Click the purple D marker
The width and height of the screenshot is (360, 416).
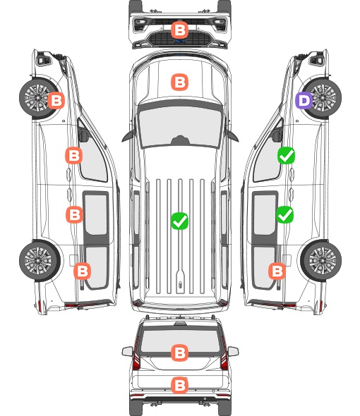click(x=304, y=101)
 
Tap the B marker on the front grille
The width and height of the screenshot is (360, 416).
click(x=179, y=30)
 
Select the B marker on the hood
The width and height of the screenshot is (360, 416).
click(x=179, y=82)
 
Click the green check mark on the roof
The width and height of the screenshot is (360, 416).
click(x=179, y=221)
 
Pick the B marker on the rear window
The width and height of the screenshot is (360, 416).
click(x=179, y=353)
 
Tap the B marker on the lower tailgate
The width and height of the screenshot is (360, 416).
click(x=179, y=385)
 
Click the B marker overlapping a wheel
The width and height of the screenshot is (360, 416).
click(x=56, y=100)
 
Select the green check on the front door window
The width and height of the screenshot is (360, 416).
click(x=286, y=155)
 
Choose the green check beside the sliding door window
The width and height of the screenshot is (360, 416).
click(x=284, y=214)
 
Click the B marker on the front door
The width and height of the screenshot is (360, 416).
click(x=74, y=155)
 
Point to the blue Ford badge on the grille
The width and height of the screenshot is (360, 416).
click(x=180, y=41)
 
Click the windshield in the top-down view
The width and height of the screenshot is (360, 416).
click(x=180, y=126)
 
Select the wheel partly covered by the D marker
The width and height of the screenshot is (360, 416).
click(x=321, y=98)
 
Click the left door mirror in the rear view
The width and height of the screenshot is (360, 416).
click(x=128, y=351)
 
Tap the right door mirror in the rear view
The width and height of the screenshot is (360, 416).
click(x=233, y=351)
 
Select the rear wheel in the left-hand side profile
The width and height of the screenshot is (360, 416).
click(x=40, y=261)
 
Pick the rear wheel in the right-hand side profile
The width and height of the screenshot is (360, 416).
click(x=321, y=261)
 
